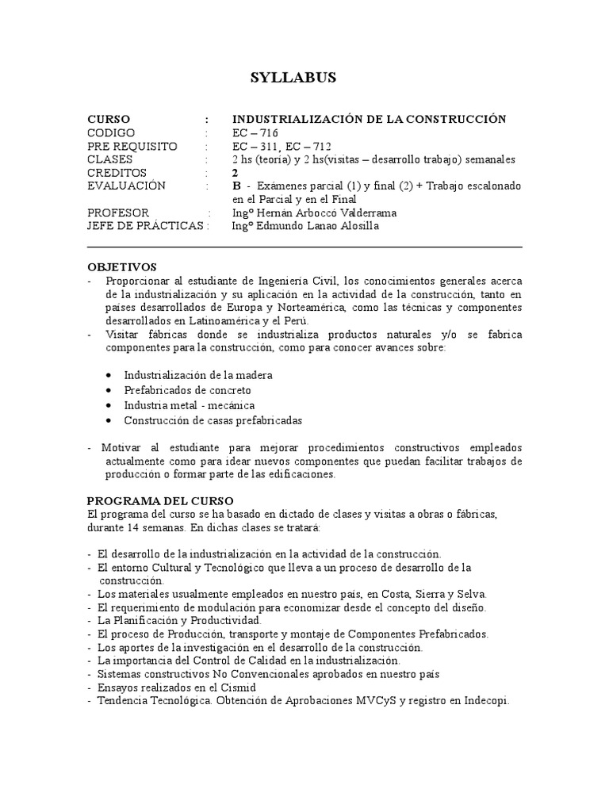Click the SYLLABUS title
[x=293, y=77]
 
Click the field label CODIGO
[x=111, y=132]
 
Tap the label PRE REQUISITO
[x=132, y=146]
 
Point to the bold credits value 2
[x=235, y=172]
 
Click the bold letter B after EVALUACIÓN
[x=236, y=186]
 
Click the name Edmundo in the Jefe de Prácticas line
[x=283, y=226]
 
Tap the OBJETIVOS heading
[x=122, y=266]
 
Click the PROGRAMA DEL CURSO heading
[x=160, y=501]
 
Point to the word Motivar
[x=118, y=448]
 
